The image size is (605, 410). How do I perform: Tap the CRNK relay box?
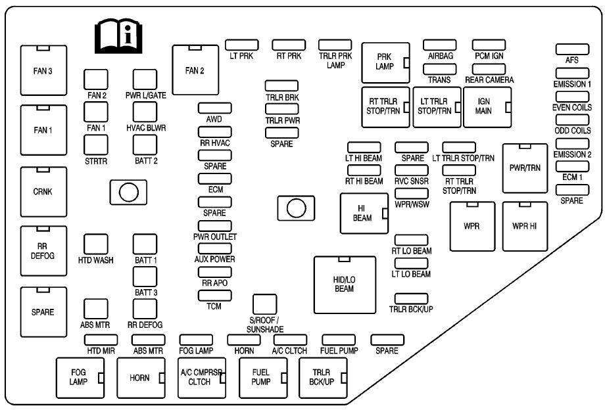coord(43,192)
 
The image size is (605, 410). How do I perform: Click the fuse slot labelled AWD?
coord(214,107)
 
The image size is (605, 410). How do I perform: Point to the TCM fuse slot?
coord(214,294)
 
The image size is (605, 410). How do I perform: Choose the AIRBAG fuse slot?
coord(440,45)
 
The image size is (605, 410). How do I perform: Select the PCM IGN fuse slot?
coord(489,45)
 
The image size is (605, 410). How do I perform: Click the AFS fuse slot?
coord(571,49)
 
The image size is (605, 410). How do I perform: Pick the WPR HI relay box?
coord(525,226)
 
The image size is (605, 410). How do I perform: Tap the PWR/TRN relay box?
coord(525,168)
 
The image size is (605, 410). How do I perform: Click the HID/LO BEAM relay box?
coord(345,285)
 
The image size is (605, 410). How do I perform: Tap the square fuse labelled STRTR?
coord(96,143)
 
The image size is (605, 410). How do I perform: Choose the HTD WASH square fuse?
coord(96,244)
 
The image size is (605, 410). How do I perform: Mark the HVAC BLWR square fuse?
coord(145,111)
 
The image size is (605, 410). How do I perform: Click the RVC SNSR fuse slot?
coord(412,169)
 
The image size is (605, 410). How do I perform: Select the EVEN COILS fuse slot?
coord(571,97)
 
